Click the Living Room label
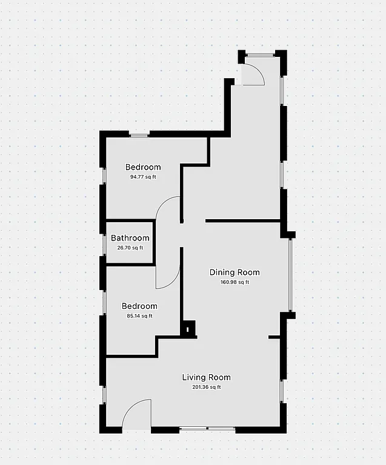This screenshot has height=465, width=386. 206,377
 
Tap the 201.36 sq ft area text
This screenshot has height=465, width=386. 206,387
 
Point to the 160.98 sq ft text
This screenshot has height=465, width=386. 235,282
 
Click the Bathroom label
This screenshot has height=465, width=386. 130,238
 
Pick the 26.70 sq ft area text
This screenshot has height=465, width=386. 130,248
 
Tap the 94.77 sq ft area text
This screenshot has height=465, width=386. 143,177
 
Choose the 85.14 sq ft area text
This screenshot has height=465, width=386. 139,316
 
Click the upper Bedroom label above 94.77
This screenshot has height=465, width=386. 143,167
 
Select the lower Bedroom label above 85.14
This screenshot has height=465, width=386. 139,306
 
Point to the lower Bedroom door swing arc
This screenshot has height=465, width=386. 168,275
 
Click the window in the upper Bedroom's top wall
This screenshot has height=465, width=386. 139,134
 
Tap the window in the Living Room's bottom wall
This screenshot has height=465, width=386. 207,430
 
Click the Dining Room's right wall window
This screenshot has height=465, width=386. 291,275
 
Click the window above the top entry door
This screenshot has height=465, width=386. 261,55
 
